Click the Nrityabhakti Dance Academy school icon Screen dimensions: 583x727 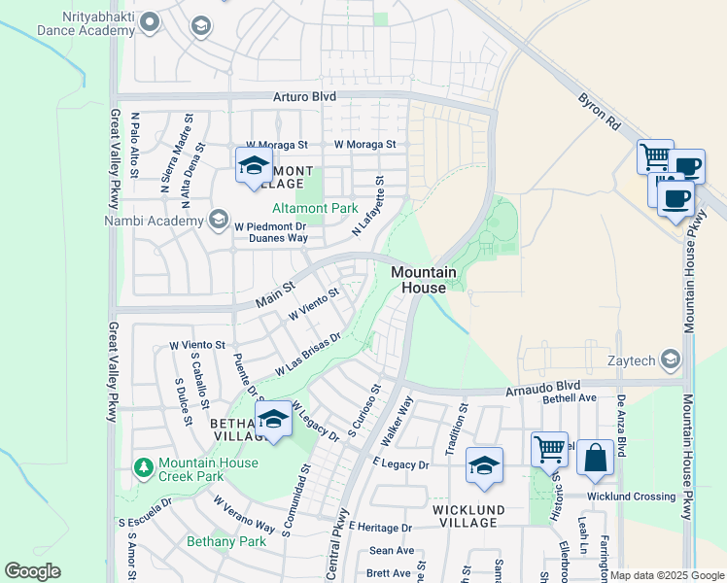tap(201, 24)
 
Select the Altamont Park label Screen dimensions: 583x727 tap(315, 208)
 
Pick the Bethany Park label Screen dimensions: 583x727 tap(226, 541)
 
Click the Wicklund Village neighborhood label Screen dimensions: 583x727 tap(468, 516)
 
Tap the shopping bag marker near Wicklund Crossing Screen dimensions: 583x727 tap(595, 457)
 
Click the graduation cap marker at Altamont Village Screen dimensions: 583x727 tap(252, 164)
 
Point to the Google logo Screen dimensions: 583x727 tap(33, 570)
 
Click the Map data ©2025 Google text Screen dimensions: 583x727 tap(667, 575)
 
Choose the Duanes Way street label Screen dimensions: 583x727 tap(278, 237)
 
